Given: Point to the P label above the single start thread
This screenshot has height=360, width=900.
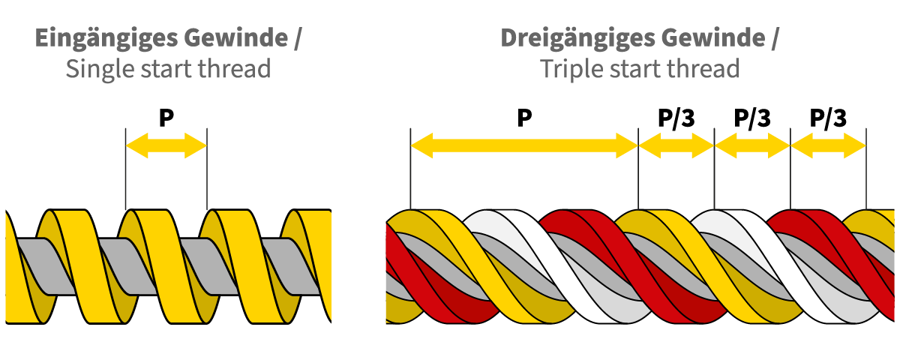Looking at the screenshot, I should coord(166,118).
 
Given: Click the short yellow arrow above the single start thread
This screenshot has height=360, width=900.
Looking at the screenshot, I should coord(166,145).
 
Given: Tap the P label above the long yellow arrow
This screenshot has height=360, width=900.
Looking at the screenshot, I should coord(524,118).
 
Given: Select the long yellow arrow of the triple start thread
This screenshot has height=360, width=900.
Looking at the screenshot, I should coord(524,145).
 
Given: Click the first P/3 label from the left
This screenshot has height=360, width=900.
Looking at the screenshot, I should coord(676,118).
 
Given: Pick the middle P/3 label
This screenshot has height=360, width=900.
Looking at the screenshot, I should coord(752,118).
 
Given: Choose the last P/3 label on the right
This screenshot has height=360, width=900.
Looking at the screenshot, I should coord(828,118).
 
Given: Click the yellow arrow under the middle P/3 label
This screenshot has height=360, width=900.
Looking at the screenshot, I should coord(752,145).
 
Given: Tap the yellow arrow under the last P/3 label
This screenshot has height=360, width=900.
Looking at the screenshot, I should coord(828,145).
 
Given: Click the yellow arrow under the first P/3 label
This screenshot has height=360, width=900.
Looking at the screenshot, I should coord(676,145).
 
